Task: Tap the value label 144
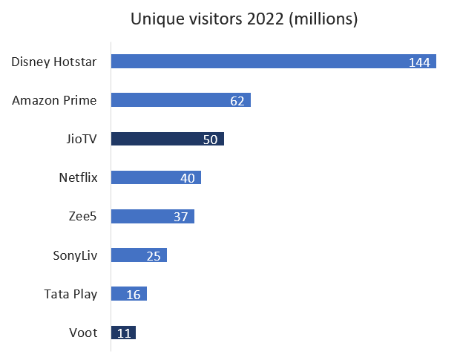click(x=420, y=62)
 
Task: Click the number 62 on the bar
click(x=237, y=101)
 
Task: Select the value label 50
click(x=210, y=140)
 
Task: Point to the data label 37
click(x=181, y=217)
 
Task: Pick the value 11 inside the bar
click(x=124, y=333)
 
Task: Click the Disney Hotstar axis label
click(x=54, y=61)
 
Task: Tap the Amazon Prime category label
click(x=54, y=100)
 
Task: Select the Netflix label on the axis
click(x=78, y=177)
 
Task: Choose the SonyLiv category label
click(x=75, y=255)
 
